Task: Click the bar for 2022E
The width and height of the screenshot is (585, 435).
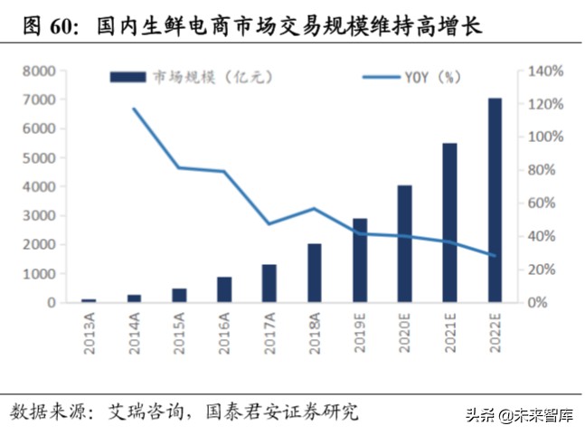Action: tap(495, 200)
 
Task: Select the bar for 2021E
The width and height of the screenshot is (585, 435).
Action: tap(449, 222)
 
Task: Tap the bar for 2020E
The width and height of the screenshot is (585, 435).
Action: tap(404, 243)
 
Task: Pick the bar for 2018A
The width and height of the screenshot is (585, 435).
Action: tap(314, 272)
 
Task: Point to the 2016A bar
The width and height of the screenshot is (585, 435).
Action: tap(224, 289)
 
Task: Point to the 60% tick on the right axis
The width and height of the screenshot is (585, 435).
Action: tap(549, 203)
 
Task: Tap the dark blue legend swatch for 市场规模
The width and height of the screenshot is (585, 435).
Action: tap(128, 78)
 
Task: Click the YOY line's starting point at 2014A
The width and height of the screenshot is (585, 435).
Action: tap(134, 109)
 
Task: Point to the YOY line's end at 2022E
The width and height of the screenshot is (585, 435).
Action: tap(495, 255)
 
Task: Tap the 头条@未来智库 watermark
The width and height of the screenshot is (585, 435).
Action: tap(519, 416)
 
